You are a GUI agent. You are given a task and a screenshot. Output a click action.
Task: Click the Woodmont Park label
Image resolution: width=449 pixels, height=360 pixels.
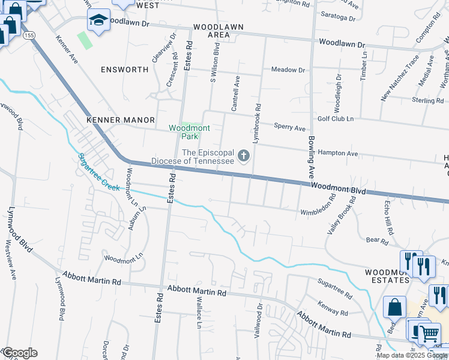click(x=189, y=132)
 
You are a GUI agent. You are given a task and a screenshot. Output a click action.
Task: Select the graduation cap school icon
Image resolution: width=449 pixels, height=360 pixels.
click(x=98, y=21)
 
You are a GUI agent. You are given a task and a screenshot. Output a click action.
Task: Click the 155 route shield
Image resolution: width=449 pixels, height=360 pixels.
click(x=29, y=36)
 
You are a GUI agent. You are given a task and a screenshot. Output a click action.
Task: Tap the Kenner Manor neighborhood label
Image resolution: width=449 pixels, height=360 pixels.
click(x=121, y=120)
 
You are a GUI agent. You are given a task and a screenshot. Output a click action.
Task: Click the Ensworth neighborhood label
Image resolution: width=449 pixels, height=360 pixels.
click(x=124, y=70)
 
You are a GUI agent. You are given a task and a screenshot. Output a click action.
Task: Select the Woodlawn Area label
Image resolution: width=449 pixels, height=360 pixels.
click(x=211, y=31)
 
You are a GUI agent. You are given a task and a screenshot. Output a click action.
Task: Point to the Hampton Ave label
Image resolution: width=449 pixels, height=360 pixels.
click(x=338, y=154)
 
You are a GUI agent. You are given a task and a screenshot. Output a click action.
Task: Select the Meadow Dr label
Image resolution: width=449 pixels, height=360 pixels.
click(x=288, y=70)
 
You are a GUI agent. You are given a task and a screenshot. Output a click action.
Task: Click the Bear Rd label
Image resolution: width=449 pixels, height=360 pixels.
click(x=377, y=241)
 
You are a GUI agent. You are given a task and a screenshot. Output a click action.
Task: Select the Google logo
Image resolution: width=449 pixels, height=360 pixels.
click(x=20, y=353)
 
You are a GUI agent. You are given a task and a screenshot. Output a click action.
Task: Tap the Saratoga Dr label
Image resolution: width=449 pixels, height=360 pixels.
click(x=338, y=17)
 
